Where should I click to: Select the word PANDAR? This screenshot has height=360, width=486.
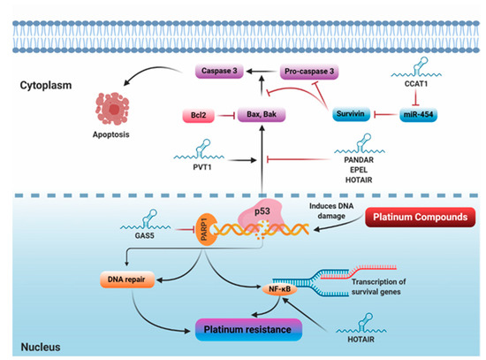click(388, 160)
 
